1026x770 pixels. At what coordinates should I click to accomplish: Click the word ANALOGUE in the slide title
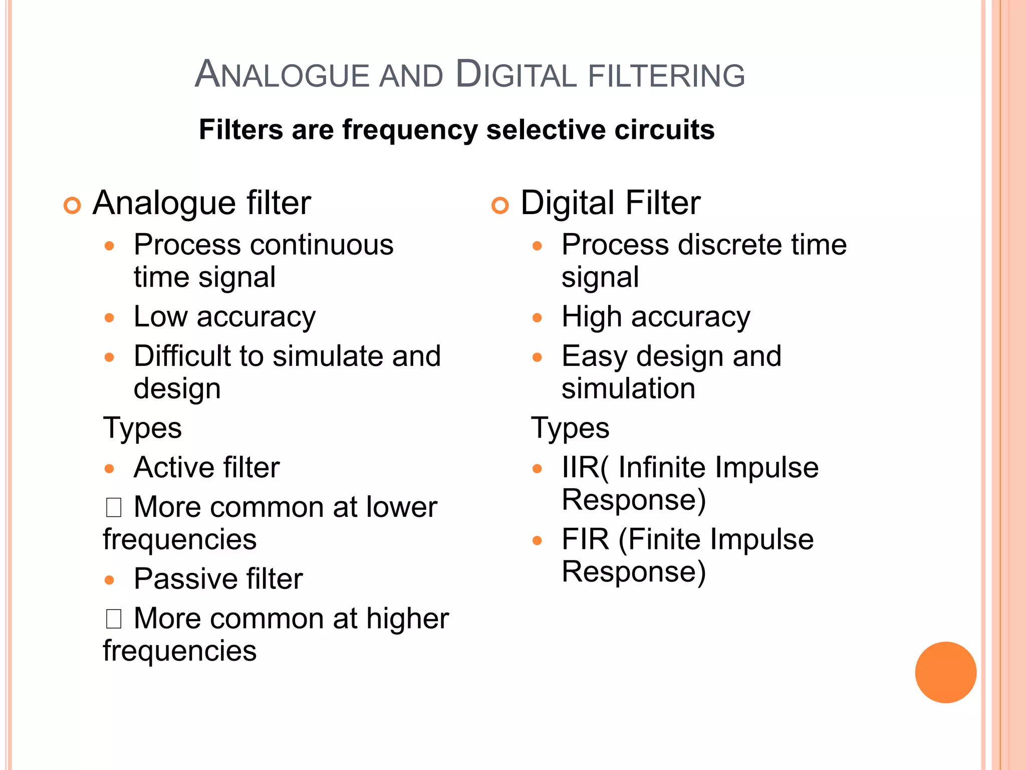point(282,75)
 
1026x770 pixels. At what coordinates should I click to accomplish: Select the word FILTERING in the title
point(666,76)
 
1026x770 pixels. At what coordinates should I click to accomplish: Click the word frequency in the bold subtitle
point(410,130)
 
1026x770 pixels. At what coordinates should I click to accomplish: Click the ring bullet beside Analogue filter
point(73,206)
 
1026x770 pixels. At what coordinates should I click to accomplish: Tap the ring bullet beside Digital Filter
point(500,206)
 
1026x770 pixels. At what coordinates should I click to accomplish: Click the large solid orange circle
point(945,672)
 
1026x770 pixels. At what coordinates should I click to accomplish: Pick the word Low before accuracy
point(161,317)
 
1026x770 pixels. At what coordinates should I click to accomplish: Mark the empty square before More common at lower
point(114,507)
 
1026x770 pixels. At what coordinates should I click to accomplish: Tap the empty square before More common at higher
point(114,619)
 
